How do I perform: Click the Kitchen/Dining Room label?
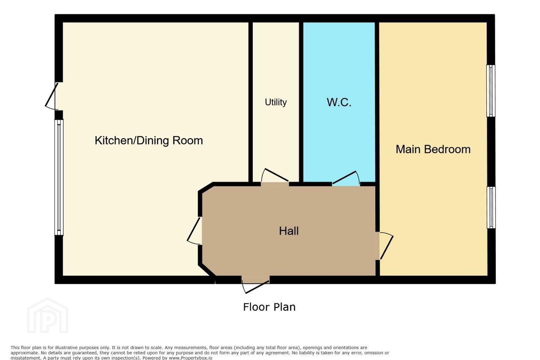point(149,141)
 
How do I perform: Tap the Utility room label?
point(276,102)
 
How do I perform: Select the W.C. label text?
point(339,102)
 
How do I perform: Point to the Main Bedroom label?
point(433,149)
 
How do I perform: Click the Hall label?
point(289,231)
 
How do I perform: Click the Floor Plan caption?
point(269,307)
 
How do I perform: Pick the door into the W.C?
point(346,178)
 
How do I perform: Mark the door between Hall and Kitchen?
point(195,231)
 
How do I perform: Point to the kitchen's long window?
point(59,177)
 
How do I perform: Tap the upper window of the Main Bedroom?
point(491,91)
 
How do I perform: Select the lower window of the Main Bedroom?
point(491,207)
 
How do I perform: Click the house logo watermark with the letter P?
point(48,316)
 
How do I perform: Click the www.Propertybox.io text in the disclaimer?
point(190,358)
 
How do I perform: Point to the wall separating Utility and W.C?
point(301,102)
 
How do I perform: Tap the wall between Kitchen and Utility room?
point(250,102)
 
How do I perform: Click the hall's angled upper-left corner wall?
point(205,187)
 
